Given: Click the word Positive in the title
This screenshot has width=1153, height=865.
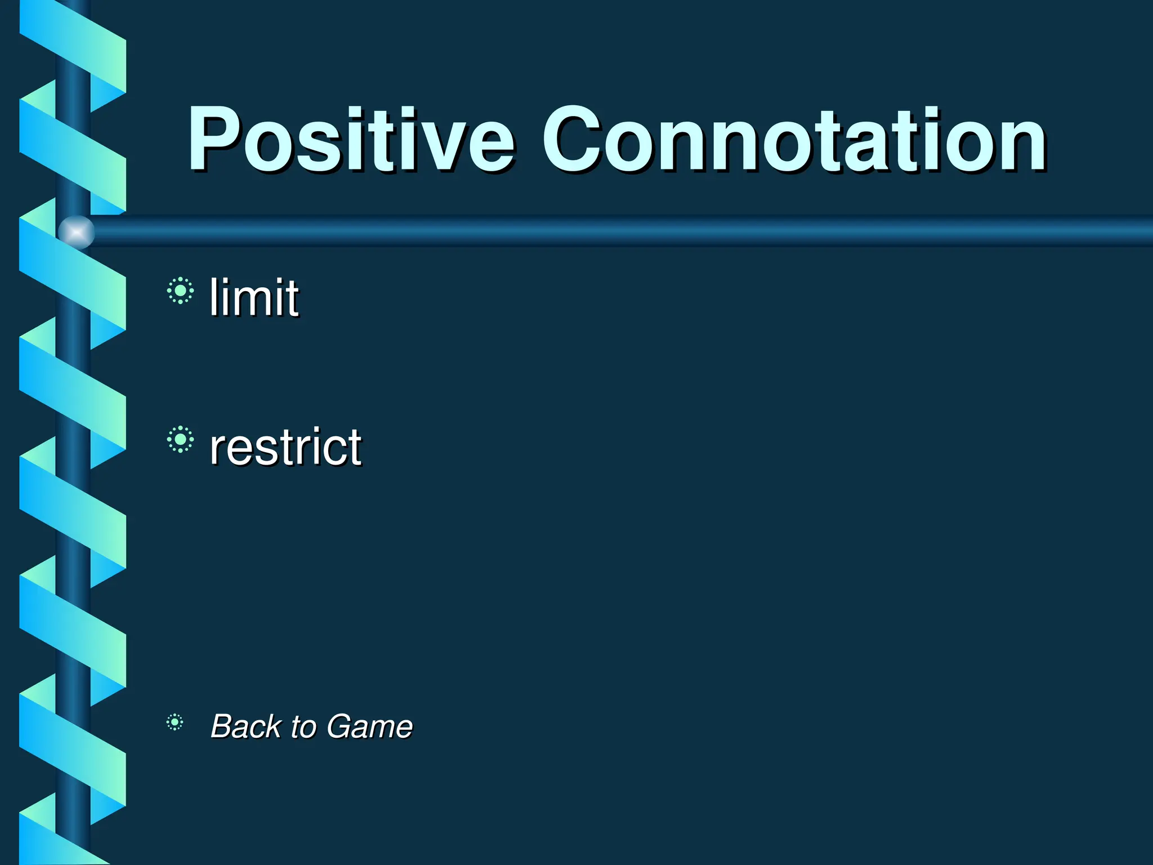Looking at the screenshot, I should tap(350, 140).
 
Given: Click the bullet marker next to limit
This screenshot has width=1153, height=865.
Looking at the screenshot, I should tap(180, 291).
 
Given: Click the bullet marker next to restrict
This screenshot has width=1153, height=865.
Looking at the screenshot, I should tap(180, 439).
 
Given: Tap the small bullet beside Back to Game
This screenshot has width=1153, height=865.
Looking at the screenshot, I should tap(175, 722).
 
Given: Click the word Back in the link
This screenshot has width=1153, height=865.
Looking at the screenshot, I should tap(245, 726).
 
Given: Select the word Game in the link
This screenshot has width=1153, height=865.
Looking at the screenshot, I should tap(369, 726).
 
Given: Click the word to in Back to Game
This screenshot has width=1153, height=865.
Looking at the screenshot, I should tap(303, 727).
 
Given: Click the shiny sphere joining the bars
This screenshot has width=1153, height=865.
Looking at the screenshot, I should tap(77, 232).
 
